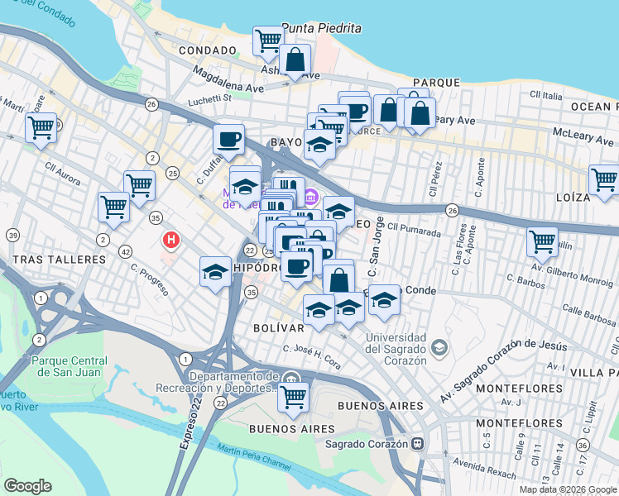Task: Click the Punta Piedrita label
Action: pyautogui.click(x=321, y=28)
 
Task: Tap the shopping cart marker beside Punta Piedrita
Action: pyautogui.click(x=268, y=40)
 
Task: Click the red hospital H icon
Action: pyautogui.click(x=171, y=240)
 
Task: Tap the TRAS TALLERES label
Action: pyautogui.click(x=53, y=259)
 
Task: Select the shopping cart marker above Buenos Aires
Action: pyautogui.click(x=293, y=397)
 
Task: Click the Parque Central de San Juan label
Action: pyautogui.click(x=69, y=366)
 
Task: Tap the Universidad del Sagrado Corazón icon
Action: pyautogui.click(x=439, y=346)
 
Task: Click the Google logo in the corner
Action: pyautogui.click(x=27, y=486)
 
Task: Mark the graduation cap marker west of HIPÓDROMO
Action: pyautogui.click(x=215, y=272)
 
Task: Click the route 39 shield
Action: pyautogui.click(x=12, y=236)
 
